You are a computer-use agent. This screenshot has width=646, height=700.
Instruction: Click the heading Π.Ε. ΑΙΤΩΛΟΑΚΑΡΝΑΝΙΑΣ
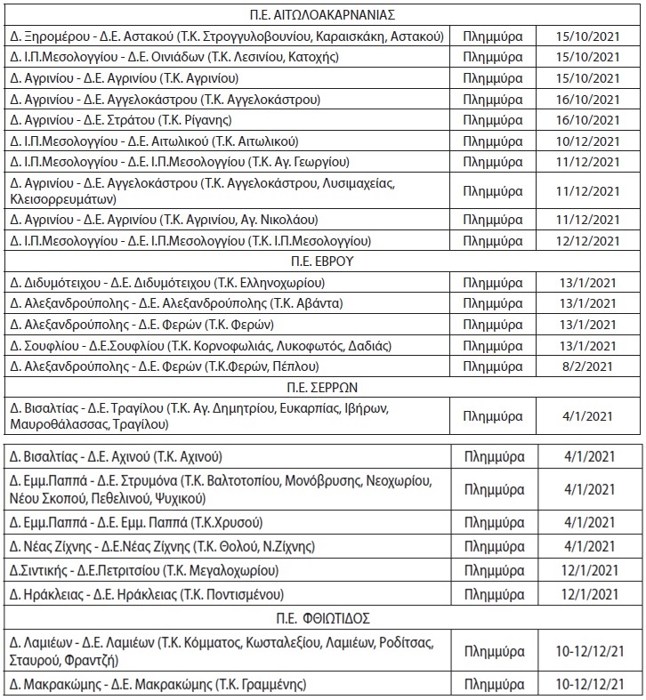click(x=322, y=14)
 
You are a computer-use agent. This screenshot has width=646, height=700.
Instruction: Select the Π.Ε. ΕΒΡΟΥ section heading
click(x=322, y=261)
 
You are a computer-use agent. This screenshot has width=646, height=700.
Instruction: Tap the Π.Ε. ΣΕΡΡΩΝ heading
click(x=322, y=388)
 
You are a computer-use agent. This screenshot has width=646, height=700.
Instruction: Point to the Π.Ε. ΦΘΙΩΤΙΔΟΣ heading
click(x=322, y=616)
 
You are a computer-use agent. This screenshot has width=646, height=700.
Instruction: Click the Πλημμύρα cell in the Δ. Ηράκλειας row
click(x=494, y=592)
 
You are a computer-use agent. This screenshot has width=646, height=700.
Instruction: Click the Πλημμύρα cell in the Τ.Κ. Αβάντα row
click(x=494, y=303)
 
